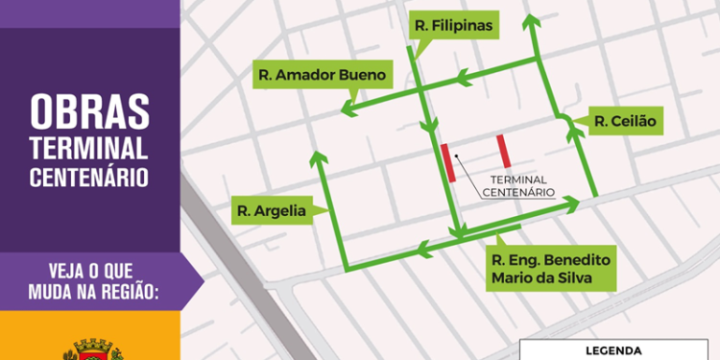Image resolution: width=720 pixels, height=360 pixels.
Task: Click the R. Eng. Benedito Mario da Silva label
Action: tap(549, 270)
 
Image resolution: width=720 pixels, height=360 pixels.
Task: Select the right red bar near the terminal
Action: tap(502, 151)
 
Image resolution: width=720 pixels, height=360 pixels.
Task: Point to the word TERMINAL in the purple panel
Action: tap(88, 148)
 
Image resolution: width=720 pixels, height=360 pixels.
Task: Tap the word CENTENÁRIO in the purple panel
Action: tap(88, 177)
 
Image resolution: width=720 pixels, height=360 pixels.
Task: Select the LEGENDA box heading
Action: tap(614, 350)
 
